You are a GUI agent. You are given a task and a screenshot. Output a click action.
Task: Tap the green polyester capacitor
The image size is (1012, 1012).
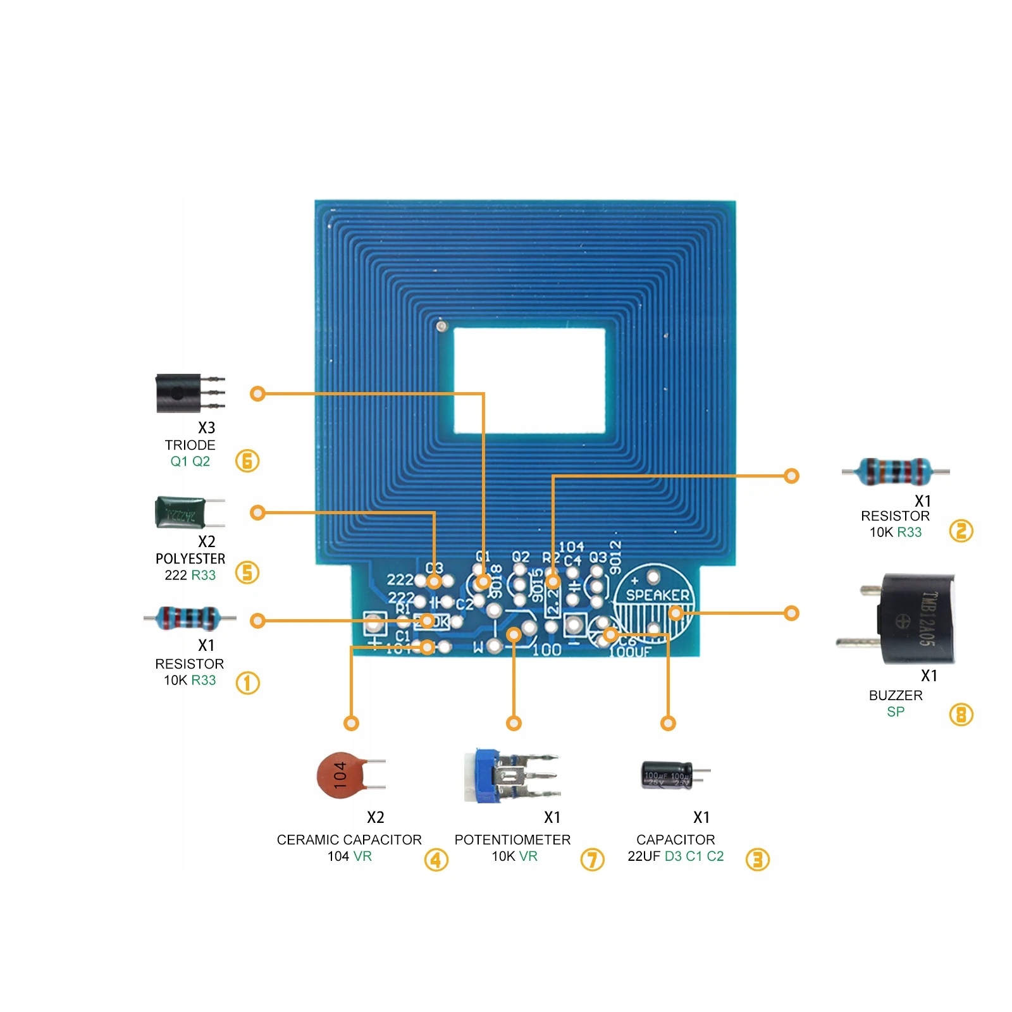pos(181,512)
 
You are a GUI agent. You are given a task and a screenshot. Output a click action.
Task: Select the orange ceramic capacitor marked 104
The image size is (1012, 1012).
pos(341,775)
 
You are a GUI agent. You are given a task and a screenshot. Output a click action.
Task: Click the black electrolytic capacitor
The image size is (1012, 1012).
pos(667,774)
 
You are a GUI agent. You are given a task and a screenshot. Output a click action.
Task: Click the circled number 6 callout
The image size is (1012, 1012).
pos(247,460)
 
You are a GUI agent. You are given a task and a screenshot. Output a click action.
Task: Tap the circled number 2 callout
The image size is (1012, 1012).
pos(961,531)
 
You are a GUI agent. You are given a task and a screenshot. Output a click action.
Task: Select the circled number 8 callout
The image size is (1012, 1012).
pos(961,715)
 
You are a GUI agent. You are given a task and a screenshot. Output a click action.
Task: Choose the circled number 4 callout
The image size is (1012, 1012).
pos(436,860)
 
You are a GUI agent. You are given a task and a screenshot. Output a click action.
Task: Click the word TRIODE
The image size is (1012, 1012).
pos(190,445)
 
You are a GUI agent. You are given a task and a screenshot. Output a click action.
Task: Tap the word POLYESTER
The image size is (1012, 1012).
pos(190,559)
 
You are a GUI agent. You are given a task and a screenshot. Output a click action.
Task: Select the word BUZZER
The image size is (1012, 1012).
pos(896,696)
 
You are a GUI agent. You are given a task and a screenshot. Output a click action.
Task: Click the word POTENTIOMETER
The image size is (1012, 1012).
pos(512,840)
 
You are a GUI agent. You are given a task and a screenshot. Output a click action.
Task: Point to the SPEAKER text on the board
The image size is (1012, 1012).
pos(657,595)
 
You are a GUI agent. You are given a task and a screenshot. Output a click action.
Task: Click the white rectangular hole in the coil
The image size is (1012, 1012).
pos(529,381)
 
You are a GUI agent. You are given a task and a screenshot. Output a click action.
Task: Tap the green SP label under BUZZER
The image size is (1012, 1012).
pos(896,712)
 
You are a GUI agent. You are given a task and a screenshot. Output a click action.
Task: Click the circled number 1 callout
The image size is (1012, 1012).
pos(247,683)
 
